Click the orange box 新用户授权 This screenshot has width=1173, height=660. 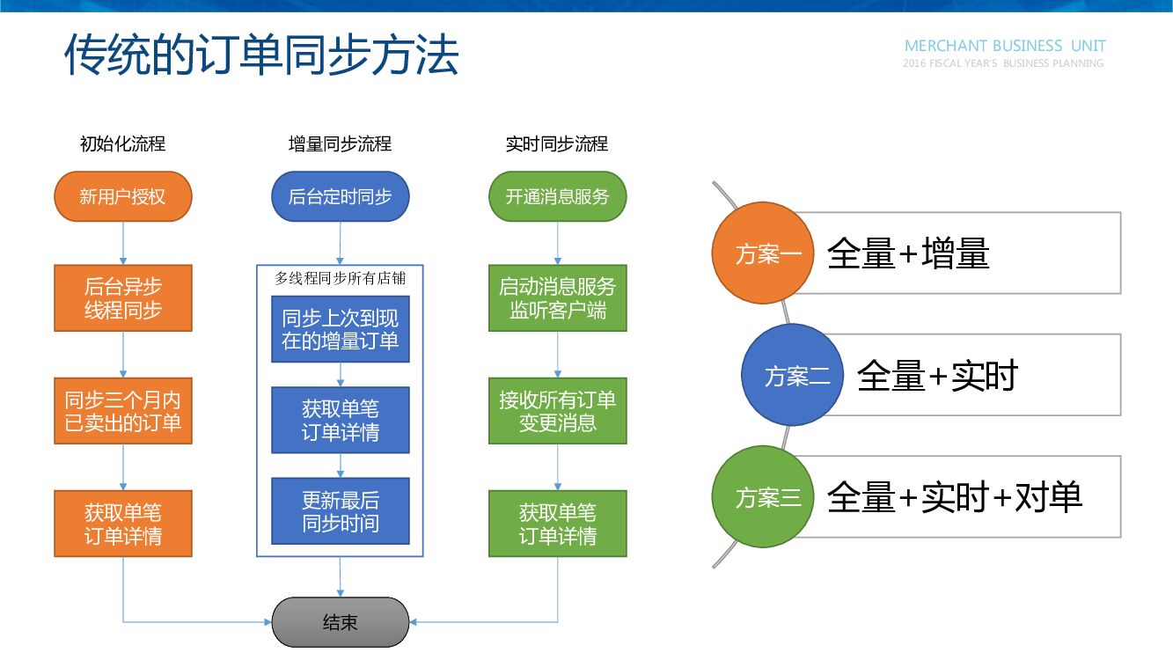coord(122,196)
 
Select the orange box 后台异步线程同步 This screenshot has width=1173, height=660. coord(122,298)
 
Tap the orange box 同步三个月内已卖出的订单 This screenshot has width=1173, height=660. coord(122,411)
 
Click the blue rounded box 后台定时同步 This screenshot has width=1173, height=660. coord(340,196)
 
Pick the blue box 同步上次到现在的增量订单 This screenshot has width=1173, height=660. coord(340,329)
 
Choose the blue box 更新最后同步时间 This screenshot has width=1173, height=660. coord(340,511)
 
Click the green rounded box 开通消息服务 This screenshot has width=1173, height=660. coord(557,196)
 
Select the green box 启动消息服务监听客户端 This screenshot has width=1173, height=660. coord(557,298)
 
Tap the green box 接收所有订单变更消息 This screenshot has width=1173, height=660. coord(557,411)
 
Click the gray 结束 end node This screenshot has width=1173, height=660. coord(340,622)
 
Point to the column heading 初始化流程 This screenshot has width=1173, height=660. coord(122,144)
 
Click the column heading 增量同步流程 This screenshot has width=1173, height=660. coord(340,144)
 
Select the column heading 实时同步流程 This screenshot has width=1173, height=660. coord(557,144)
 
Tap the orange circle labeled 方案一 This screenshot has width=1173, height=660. coord(762,253)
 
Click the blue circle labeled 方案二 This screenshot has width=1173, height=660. coord(792,376)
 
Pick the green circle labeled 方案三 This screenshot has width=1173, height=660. coord(762,497)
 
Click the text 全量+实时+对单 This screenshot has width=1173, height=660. coord(954,497)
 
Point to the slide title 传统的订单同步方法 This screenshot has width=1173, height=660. coord(261,55)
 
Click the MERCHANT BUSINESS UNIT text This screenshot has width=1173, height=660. coord(1005,46)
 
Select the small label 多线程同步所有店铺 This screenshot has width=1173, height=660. coord(340,278)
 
